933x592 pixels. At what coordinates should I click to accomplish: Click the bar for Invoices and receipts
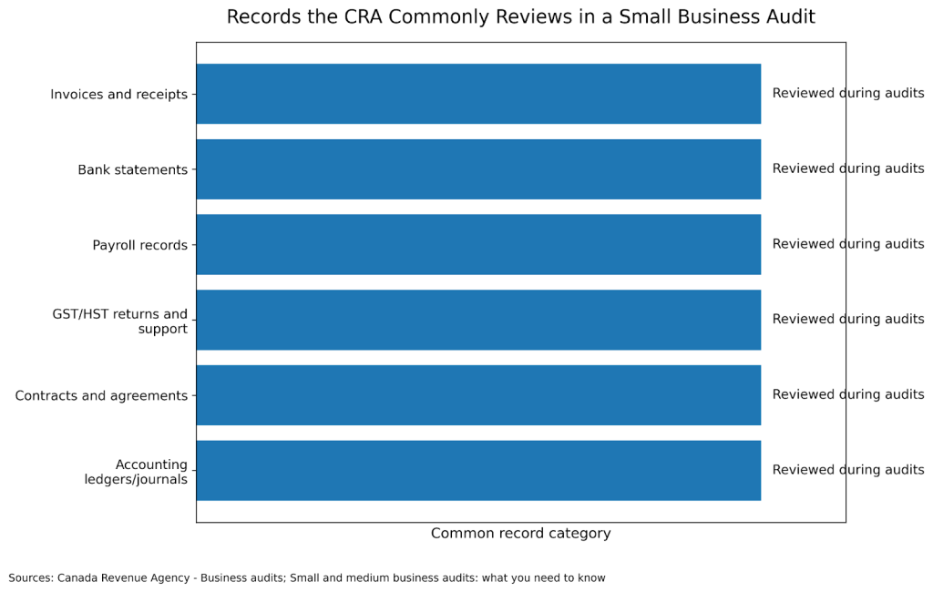pyautogui.click(x=478, y=94)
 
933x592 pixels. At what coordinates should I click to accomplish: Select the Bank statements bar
pyautogui.click(x=478, y=169)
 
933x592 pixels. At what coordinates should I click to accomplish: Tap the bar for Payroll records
pyautogui.click(x=478, y=244)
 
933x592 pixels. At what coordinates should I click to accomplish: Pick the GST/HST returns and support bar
pyautogui.click(x=478, y=320)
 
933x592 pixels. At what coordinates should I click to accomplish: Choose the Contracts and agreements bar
pyautogui.click(x=478, y=395)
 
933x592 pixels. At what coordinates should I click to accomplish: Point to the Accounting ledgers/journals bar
pyautogui.click(x=478, y=470)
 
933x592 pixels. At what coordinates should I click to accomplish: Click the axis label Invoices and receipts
pyautogui.click(x=118, y=95)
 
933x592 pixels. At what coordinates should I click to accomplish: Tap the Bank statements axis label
pyautogui.click(x=132, y=170)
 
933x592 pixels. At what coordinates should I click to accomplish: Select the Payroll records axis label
pyautogui.click(x=139, y=245)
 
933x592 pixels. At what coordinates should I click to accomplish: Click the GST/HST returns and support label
pyautogui.click(x=120, y=322)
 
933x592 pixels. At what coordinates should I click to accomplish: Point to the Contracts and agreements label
pyautogui.click(x=101, y=396)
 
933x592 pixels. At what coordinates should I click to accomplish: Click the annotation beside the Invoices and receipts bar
pyautogui.click(x=847, y=93)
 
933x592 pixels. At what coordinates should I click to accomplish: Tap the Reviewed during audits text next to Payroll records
pyautogui.click(x=847, y=244)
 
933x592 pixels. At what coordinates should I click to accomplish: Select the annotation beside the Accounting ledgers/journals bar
pyautogui.click(x=847, y=470)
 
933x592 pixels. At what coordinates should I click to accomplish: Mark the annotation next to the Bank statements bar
pyautogui.click(x=847, y=168)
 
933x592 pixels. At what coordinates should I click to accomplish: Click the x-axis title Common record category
pyautogui.click(x=520, y=534)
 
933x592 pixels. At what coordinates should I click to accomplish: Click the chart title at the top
pyautogui.click(x=520, y=17)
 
